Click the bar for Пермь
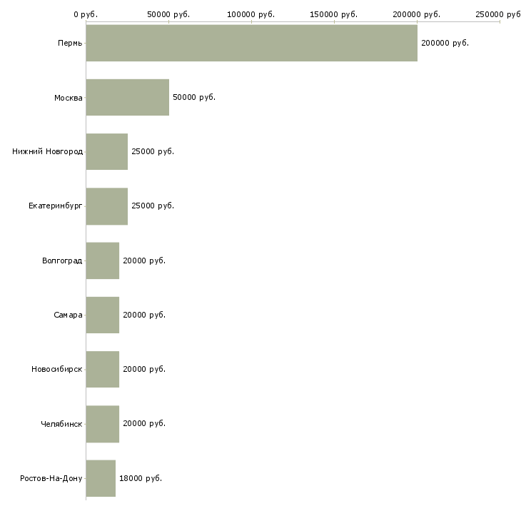(x=251, y=43)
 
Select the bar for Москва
(x=128, y=97)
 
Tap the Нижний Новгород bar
(x=106, y=151)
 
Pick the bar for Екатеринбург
(x=106, y=206)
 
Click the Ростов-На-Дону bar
(x=101, y=478)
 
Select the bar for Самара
(x=103, y=315)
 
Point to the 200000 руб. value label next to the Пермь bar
(x=445, y=44)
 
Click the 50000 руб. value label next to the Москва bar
(x=194, y=97)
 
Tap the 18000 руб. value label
(x=141, y=478)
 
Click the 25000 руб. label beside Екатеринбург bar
(x=153, y=206)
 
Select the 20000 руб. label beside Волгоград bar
(x=144, y=260)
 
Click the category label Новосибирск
(x=57, y=369)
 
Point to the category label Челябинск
(x=61, y=424)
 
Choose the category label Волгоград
(x=62, y=260)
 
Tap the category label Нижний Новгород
(x=48, y=151)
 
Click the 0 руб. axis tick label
(x=86, y=14)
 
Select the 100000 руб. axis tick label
(x=251, y=14)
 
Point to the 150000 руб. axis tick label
(x=333, y=14)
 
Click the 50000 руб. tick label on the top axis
(x=168, y=14)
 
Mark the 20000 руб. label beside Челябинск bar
(x=144, y=424)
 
